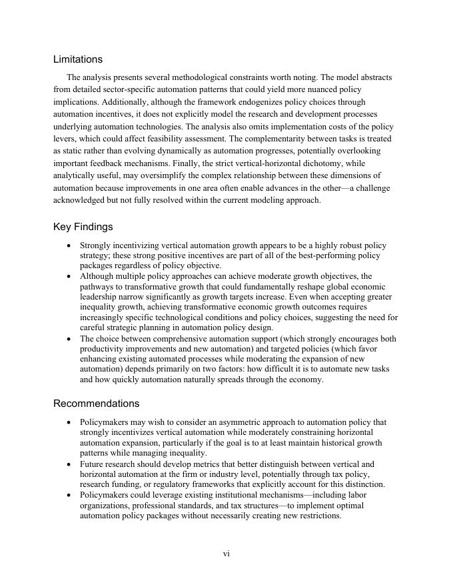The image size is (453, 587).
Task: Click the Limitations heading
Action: (78, 59)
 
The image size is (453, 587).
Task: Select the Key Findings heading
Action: (83, 227)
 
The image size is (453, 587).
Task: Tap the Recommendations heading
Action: (96, 404)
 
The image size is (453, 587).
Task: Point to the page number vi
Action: (226, 554)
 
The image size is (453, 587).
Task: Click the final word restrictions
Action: (317, 516)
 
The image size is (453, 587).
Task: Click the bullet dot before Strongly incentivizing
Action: (69, 246)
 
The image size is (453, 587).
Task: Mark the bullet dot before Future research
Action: (69, 465)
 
